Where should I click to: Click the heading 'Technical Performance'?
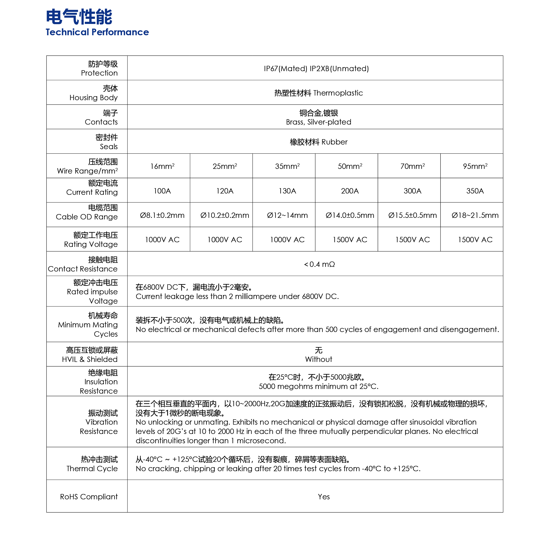pos(97,32)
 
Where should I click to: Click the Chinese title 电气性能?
pos(79,17)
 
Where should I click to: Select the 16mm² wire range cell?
pos(162,166)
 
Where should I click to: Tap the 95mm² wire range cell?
pos(475,166)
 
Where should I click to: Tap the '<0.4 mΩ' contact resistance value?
pos(319,264)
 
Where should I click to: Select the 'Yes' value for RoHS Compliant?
pos(324,497)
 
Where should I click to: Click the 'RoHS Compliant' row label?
pos(89,497)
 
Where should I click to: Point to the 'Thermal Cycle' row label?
pos(92,469)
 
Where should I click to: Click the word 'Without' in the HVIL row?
pos(319,359)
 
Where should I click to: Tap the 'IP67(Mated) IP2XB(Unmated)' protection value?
pos(316,69)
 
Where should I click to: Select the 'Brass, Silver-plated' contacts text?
pos(319,122)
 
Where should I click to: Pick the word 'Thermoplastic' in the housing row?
pos(338,93)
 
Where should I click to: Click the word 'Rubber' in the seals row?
pos(334,142)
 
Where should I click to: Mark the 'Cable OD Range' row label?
pos(87,217)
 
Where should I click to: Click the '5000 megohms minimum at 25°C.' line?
pos(319,386)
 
